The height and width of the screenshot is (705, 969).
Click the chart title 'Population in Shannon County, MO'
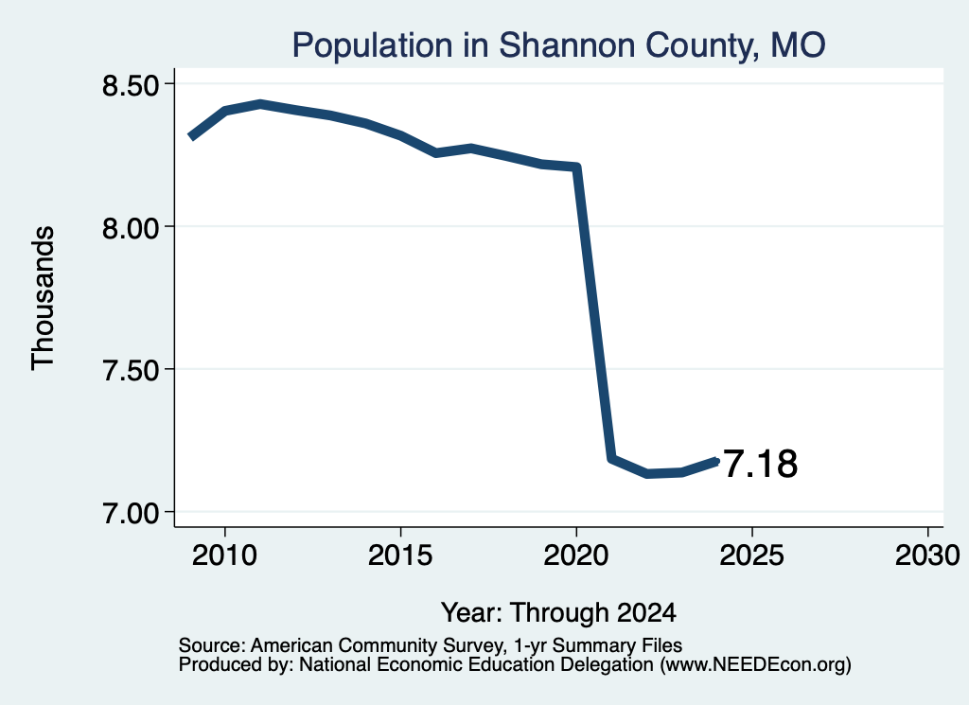[x=558, y=45]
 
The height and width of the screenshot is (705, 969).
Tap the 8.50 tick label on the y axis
[x=131, y=85]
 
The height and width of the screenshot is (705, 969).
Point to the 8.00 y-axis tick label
[x=131, y=228]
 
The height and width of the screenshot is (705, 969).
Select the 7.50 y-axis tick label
[x=131, y=371]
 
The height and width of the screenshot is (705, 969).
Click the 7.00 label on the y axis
[x=131, y=514]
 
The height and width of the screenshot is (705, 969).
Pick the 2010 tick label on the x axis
[x=224, y=555]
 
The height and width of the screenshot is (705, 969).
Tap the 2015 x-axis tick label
[x=400, y=555]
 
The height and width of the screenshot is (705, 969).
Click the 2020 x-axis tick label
[x=576, y=555]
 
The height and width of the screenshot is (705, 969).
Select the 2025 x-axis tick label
[x=752, y=555]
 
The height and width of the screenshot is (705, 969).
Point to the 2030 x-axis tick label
[x=927, y=555]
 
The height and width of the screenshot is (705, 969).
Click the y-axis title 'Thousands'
[x=44, y=298]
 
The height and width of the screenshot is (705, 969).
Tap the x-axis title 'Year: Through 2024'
[x=558, y=613]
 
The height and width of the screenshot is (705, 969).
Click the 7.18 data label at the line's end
[x=760, y=464]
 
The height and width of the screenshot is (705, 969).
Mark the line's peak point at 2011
[x=260, y=104]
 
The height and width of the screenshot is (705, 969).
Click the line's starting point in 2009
[x=191, y=136]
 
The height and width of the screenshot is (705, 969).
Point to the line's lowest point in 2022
[x=647, y=474]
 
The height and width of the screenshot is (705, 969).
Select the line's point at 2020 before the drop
[x=576, y=167]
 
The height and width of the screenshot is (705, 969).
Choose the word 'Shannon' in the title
[x=567, y=45]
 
